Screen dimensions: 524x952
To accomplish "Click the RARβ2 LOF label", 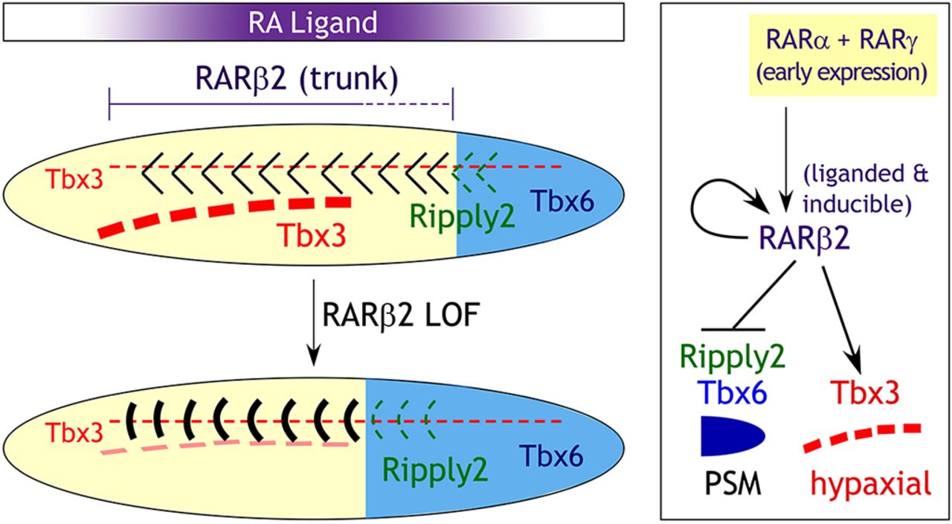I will coord(387,313).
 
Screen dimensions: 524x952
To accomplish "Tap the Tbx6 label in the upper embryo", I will coord(562,199).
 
